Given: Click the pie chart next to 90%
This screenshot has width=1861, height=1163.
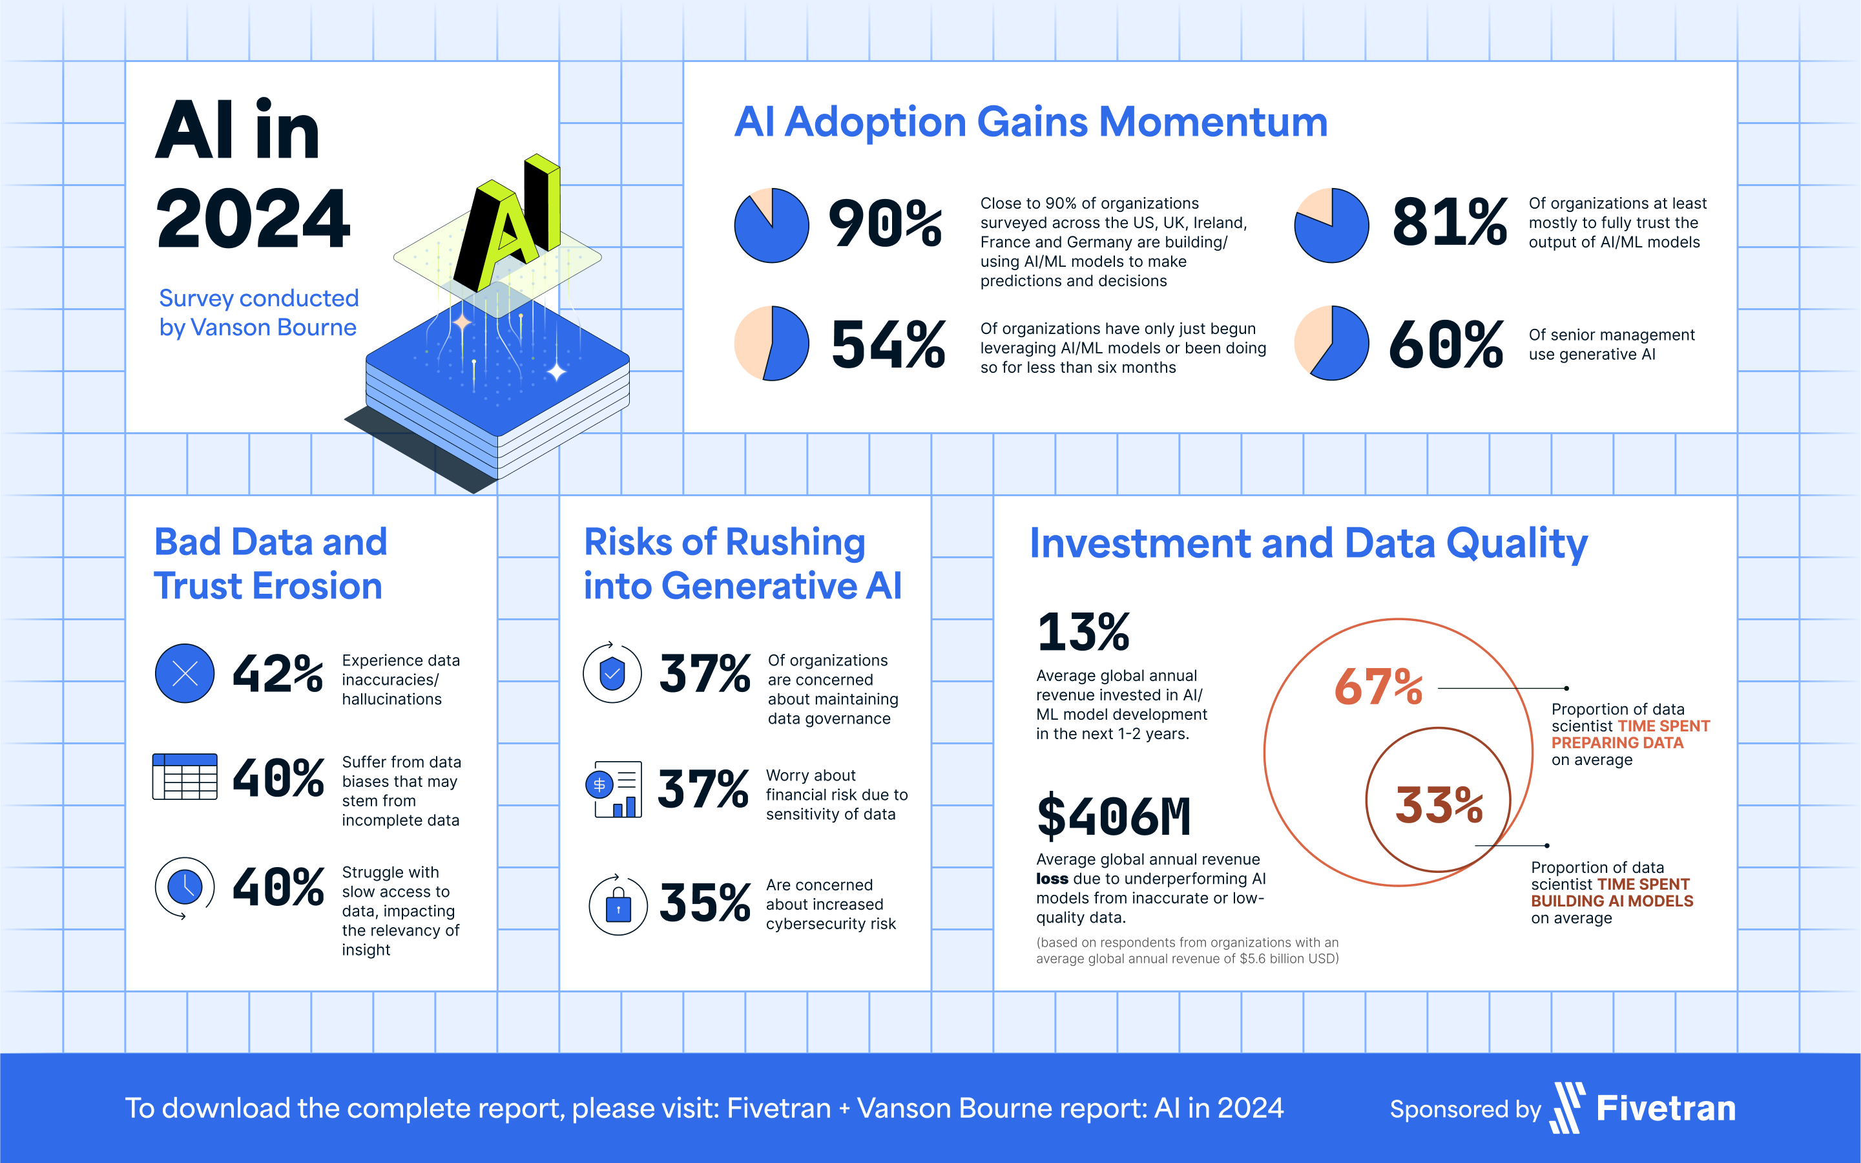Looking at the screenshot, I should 771,225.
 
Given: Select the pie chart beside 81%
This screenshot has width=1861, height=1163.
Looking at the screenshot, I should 1331,225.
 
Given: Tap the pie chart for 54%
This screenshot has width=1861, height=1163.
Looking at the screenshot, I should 771,343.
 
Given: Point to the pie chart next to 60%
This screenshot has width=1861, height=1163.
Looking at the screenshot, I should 1331,343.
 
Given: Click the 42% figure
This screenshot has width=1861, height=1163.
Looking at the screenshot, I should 278,674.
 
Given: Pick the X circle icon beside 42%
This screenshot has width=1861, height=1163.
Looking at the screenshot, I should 185,674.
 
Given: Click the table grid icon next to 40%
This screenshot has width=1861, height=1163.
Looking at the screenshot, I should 185,777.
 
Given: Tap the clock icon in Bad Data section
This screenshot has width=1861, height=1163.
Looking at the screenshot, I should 185,887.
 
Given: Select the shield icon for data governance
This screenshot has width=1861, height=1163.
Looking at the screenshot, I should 612,674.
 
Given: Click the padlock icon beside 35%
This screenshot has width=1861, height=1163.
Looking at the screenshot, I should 618,905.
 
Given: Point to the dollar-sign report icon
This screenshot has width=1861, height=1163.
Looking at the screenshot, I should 614,789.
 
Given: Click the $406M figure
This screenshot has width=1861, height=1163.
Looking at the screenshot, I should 1114,817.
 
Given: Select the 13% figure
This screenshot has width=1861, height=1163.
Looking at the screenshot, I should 1083,633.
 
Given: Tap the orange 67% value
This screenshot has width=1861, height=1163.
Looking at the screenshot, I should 1378,687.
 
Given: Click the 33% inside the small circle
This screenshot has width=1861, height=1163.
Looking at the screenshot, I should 1439,805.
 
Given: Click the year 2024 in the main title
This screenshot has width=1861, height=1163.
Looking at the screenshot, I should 253,219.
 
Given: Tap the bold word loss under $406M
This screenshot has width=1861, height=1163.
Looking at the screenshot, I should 1052,879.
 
